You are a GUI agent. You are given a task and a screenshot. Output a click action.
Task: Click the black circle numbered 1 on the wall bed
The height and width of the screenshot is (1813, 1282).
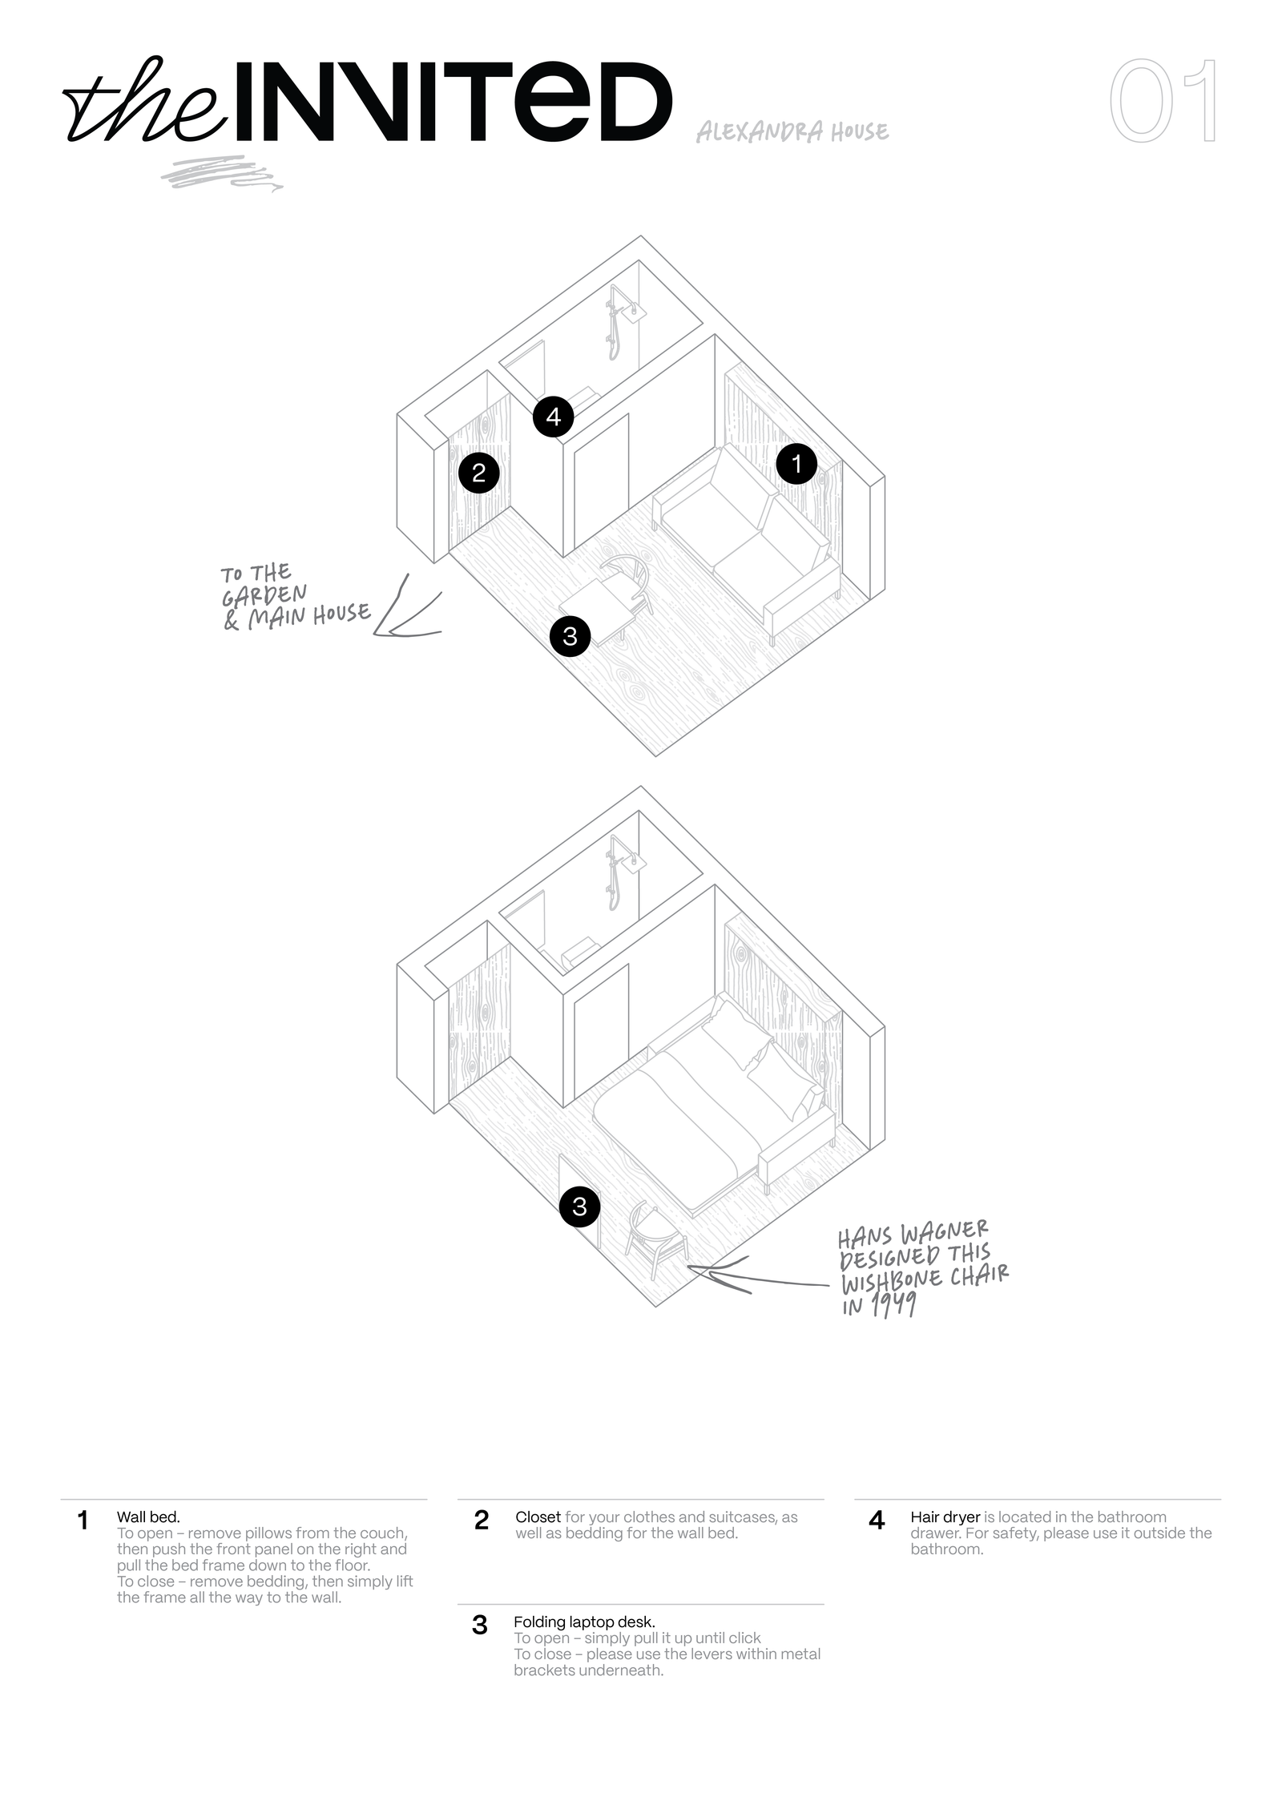click(x=796, y=463)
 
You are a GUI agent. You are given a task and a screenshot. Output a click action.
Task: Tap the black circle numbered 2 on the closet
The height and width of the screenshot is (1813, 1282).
click(x=478, y=473)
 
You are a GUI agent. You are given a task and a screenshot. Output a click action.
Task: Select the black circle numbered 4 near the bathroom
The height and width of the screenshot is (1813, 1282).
click(x=553, y=417)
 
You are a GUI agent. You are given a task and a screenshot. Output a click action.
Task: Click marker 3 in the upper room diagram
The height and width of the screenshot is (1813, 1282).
click(x=570, y=636)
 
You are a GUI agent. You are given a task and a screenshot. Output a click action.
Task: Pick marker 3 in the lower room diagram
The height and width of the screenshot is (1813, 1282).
click(x=579, y=1206)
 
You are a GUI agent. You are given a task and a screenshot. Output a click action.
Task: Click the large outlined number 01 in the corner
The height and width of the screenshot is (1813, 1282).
click(x=1163, y=101)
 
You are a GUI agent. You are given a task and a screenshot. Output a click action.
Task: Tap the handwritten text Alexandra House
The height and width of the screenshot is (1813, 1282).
click(x=792, y=131)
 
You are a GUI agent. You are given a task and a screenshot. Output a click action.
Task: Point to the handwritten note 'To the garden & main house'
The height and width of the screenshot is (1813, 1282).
click(x=295, y=598)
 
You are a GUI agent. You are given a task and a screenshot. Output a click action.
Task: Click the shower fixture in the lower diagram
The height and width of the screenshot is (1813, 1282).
click(x=621, y=872)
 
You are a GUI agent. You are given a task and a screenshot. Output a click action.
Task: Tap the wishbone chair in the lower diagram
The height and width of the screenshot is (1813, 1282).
click(x=655, y=1239)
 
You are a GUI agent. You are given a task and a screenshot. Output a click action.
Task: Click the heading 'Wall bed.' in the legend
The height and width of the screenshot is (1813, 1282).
click(x=148, y=1517)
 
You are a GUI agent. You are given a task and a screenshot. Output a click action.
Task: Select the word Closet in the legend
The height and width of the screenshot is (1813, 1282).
click(x=538, y=1517)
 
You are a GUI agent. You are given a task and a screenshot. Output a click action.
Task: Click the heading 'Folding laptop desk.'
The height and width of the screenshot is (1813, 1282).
click(x=584, y=1622)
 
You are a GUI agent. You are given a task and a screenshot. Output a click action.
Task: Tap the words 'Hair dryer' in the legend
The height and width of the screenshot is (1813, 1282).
click(x=945, y=1517)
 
